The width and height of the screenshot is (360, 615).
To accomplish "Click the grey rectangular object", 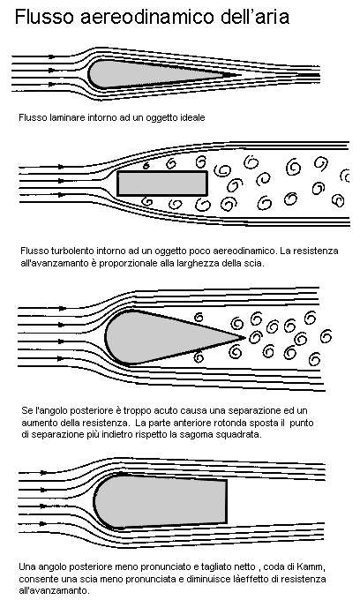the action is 162,184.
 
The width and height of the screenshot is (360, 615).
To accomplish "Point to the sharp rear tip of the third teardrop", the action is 244,336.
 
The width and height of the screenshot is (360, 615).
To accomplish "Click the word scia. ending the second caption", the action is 256,263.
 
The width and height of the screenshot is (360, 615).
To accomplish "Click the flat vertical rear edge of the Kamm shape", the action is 226,502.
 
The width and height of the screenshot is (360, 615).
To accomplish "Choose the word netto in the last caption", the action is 244,566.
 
